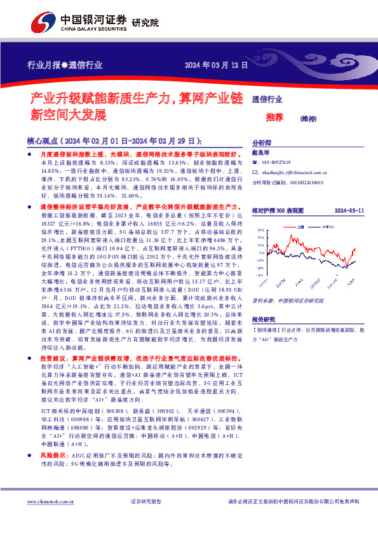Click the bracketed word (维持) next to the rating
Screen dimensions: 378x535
(x=307, y=118)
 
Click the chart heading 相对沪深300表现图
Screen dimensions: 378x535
(x=278, y=209)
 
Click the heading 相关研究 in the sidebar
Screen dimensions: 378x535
(x=263, y=302)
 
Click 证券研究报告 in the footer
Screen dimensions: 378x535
(x=146, y=502)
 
